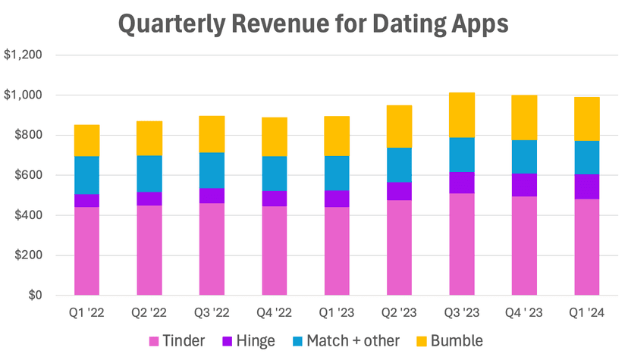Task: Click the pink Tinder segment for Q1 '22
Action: (x=86, y=250)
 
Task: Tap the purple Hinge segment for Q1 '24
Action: (x=586, y=186)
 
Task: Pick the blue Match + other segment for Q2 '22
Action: (x=149, y=174)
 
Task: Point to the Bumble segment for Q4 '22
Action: (x=274, y=136)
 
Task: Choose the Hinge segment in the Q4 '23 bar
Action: (x=524, y=185)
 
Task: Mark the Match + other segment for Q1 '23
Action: (x=337, y=173)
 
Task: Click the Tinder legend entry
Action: (x=177, y=340)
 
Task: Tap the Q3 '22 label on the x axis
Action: (x=212, y=311)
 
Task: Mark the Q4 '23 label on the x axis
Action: (x=524, y=311)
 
